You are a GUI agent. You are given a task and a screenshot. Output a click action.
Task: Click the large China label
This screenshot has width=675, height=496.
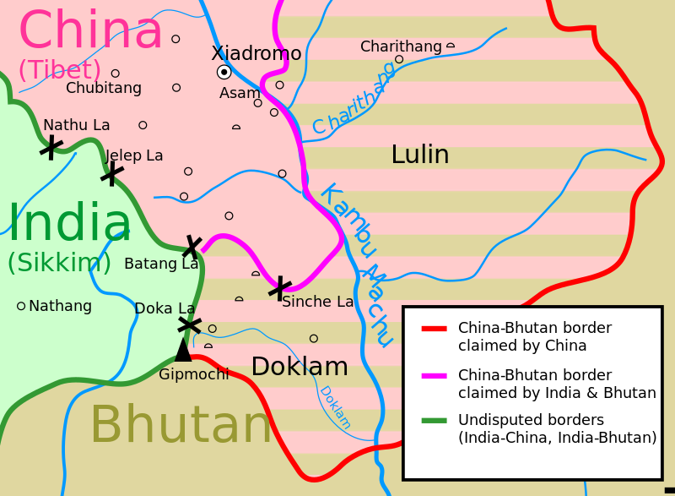click(90, 32)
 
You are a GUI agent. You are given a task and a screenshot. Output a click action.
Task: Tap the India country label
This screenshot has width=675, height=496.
click(69, 225)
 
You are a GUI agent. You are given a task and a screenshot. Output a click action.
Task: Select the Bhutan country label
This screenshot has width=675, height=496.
click(181, 426)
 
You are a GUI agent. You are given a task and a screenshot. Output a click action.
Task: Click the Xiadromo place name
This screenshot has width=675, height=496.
click(256, 54)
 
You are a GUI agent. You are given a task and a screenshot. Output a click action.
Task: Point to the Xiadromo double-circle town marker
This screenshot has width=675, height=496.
click(224, 72)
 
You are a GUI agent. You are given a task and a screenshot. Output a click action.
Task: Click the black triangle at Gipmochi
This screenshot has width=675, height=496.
click(183, 350)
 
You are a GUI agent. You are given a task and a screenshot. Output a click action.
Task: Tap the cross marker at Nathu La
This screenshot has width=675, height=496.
click(51, 148)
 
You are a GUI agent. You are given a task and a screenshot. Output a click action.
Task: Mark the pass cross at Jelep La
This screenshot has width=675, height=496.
click(111, 173)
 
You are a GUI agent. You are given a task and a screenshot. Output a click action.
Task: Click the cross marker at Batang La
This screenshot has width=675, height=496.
click(192, 248)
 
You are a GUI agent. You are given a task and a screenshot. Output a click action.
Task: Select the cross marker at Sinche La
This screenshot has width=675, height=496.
click(279, 288)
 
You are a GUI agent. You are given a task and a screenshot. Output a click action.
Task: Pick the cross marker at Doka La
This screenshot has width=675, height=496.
click(189, 324)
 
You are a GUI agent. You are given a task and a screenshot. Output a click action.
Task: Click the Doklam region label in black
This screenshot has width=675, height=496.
click(300, 367)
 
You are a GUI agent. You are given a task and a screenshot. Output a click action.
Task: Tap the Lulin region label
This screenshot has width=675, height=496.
click(419, 155)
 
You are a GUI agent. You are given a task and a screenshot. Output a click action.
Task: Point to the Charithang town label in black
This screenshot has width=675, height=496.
click(401, 46)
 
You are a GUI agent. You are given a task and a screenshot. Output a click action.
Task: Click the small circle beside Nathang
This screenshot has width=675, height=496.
click(21, 306)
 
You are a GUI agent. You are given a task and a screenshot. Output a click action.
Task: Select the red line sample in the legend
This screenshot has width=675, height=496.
click(434, 328)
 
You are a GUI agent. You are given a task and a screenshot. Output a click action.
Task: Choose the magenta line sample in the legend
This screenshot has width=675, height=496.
click(434, 375)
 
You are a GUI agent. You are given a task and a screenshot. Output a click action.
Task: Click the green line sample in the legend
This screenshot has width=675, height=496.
click(434, 420)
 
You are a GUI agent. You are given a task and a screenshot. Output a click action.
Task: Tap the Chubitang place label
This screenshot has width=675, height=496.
click(104, 88)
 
